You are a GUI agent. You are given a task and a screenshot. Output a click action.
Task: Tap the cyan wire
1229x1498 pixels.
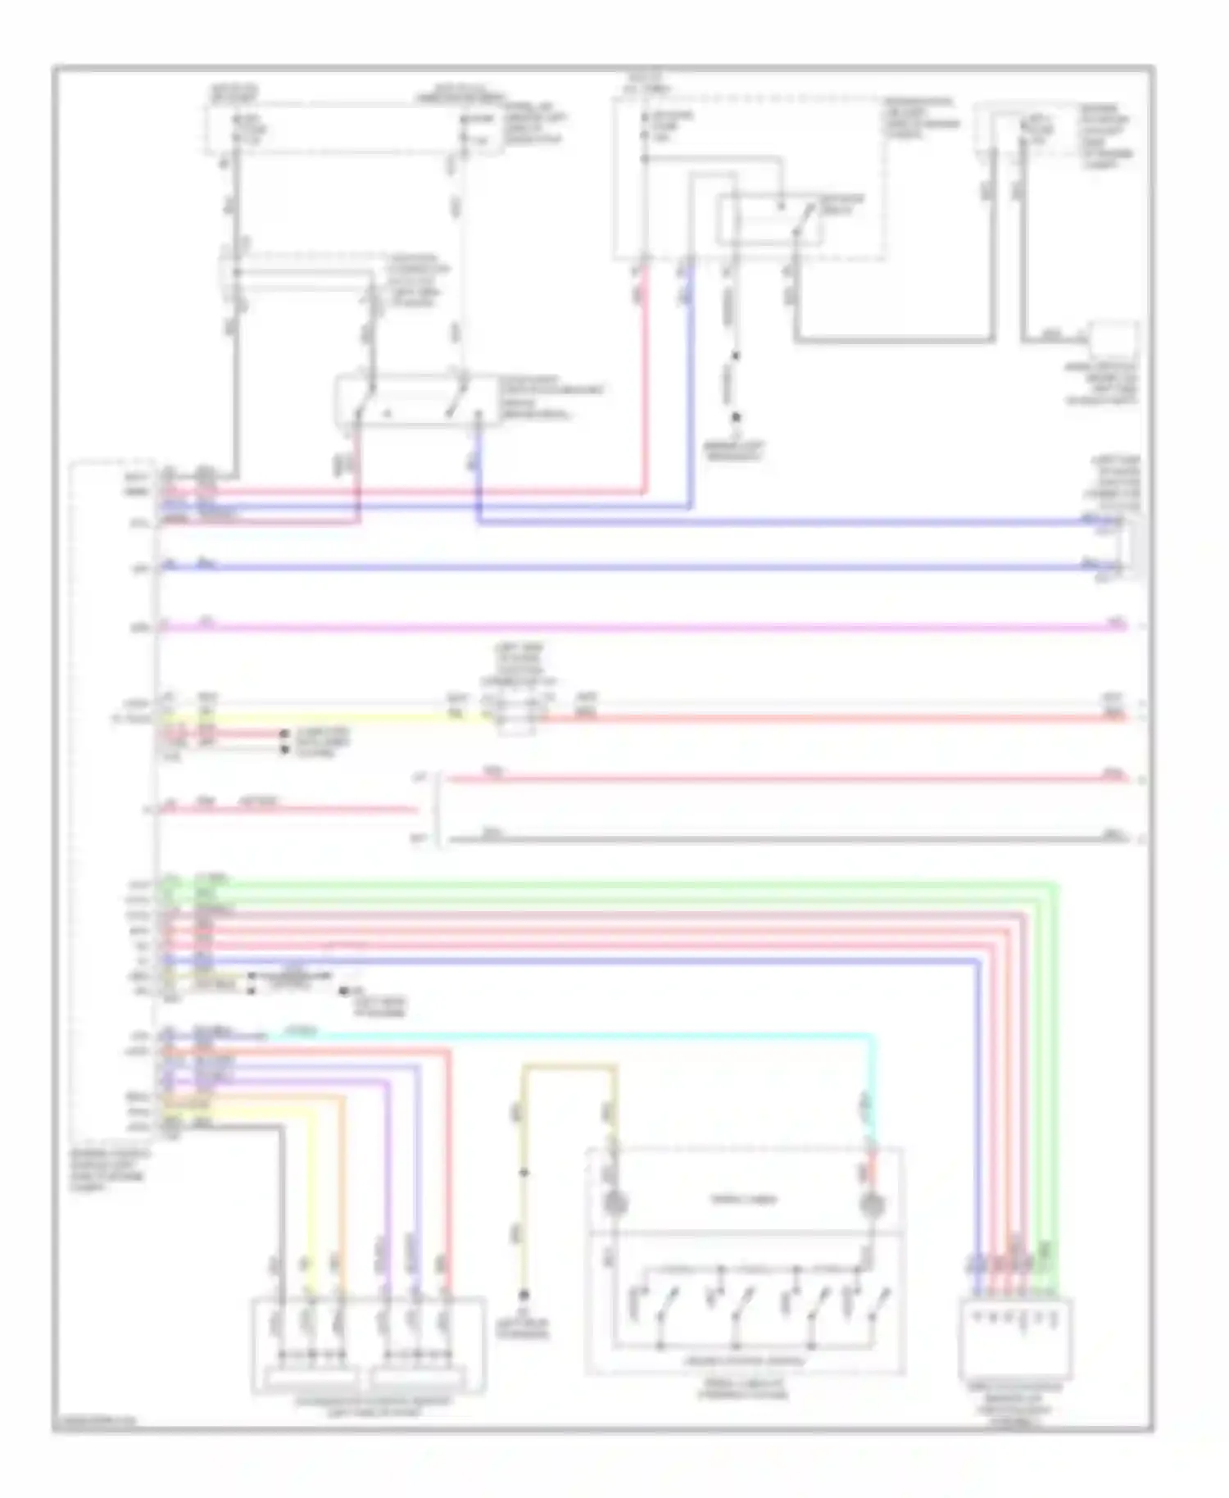(x=574, y=1037)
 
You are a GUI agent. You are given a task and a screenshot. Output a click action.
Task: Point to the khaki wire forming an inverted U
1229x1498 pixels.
(x=569, y=1067)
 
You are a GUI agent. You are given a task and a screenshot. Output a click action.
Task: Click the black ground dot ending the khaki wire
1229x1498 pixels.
(x=524, y=1295)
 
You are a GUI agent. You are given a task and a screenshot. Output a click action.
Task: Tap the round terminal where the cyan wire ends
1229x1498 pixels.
(x=872, y=1204)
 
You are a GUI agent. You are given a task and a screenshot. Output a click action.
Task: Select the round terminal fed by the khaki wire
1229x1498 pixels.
(x=613, y=1204)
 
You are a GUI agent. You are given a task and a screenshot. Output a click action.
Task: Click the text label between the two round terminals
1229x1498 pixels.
(x=742, y=1200)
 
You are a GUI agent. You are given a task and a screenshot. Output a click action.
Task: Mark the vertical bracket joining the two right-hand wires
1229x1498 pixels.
(x=441, y=809)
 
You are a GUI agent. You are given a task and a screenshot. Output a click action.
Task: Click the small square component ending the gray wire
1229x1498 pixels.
(x=1112, y=337)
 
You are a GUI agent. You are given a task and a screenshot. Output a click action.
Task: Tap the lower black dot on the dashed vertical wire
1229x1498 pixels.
(x=735, y=417)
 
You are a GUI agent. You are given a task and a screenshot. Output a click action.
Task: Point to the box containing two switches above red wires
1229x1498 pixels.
(x=418, y=401)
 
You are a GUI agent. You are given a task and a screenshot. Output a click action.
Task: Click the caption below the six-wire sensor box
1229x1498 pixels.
(x=372, y=1407)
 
